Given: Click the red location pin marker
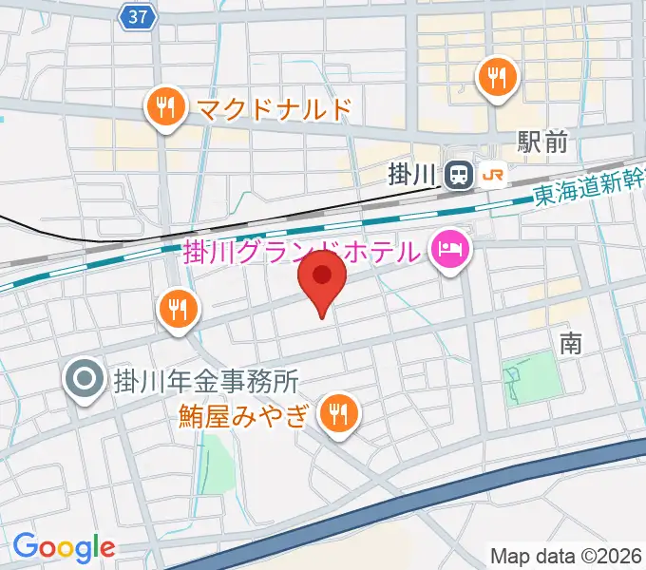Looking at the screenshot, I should tap(322, 277).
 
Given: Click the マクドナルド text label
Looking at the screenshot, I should tap(274, 108).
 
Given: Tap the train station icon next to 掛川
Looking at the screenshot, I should tap(459, 175).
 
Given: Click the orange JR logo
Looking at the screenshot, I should tap(494, 175).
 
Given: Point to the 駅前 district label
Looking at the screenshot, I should tap(542, 142).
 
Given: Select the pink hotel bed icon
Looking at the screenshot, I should tap(448, 251).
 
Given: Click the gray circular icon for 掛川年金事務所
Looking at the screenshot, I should tap(84, 381).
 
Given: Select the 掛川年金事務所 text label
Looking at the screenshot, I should tap(206, 382).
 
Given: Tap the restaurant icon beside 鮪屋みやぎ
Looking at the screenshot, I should tap(336, 412).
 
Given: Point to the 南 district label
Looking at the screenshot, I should tap(570, 343).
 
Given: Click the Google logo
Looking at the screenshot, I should tap(63, 546).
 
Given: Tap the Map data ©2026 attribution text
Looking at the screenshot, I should tap(566, 555).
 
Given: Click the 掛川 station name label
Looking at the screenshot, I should tap(414, 175).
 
